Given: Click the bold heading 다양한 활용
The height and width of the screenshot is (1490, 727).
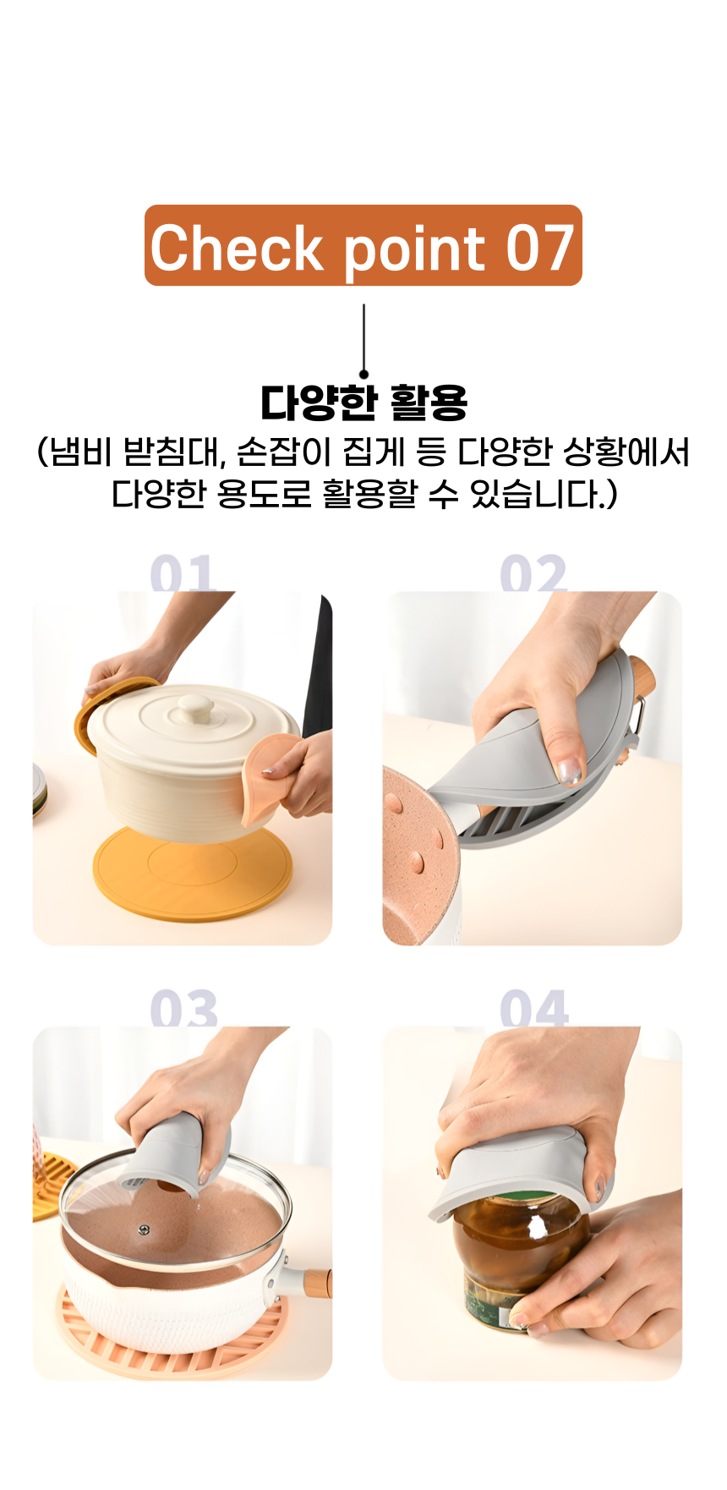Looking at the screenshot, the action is pyautogui.click(x=363, y=403).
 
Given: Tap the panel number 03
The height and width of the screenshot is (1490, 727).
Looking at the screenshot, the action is pyautogui.click(x=183, y=1009).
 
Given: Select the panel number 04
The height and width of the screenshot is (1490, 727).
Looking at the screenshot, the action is pyautogui.click(x=534, y=1009).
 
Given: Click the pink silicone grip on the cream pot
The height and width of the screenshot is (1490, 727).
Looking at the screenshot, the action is pyautogui.click(x=269, y=776).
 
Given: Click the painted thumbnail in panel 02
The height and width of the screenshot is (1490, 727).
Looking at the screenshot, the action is pyautogui.click(x=571, y=770).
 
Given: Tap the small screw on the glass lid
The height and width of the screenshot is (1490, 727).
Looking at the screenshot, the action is pyautogui.click(x=144, y=1229).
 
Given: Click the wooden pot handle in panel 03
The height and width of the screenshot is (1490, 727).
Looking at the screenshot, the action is pyautogui.click(x=316, y=1283).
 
